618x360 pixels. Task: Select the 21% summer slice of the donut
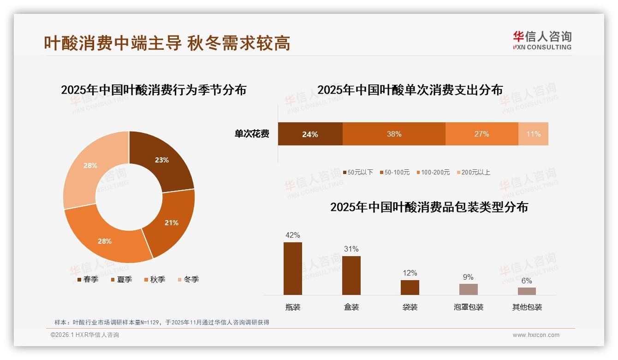(171, 222)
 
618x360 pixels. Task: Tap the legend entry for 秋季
(154, 279)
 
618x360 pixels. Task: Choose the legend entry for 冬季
(188, 279)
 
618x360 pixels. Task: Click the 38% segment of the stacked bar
(394, 134)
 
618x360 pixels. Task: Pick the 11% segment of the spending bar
(533, 134)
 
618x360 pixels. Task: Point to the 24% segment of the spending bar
(310, 134)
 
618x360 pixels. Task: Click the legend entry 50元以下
(358, 172)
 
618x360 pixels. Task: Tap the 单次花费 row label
(252, 134)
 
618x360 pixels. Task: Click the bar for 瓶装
(293, 269)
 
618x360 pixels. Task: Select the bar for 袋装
(410, 287)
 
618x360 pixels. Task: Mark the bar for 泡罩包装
(468, 289)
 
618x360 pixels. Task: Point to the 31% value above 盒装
(351, 249)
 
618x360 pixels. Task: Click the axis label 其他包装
(527, 307)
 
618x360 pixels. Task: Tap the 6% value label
(527, 281)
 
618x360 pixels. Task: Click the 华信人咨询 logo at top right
(542, 40)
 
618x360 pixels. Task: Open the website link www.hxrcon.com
(536, 335)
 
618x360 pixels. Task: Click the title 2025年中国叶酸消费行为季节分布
(154, 90)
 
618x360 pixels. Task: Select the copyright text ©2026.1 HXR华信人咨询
(85, 335)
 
